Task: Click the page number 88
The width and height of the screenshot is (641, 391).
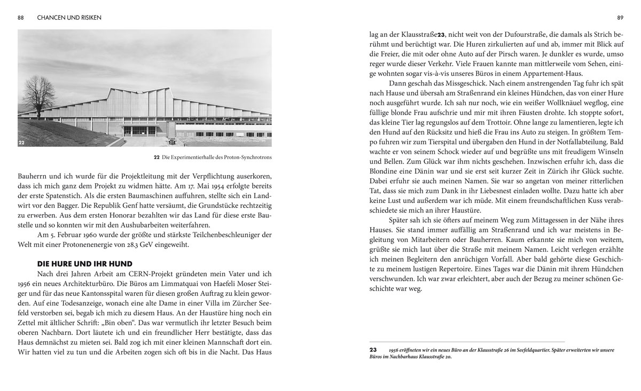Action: coord(21,18)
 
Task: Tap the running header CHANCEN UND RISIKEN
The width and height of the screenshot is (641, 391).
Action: coord(69,18)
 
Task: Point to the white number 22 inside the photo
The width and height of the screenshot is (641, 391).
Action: coord(22,143)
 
